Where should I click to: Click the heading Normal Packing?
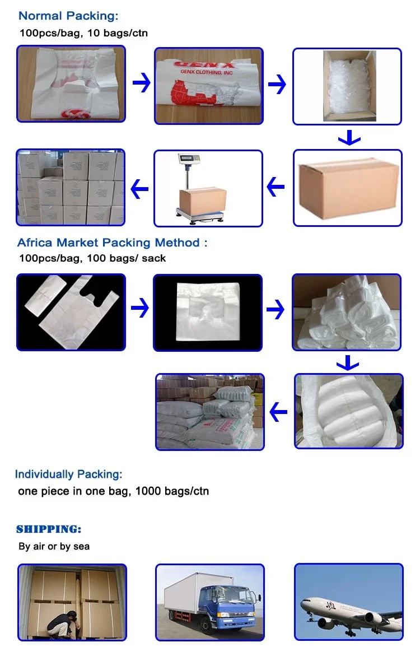coord(68,16)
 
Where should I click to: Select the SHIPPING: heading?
coord(49,529)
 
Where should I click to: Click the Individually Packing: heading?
coord(68,474)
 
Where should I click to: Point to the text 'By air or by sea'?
coord(54,546)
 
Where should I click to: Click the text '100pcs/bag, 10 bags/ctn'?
coord(83,32)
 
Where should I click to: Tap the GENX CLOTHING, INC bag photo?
coord(209,86)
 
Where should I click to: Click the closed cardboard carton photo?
coord(347,188)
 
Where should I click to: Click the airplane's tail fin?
coord(393,582)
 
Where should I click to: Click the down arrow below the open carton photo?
coord(349,137)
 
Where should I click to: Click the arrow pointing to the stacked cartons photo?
coord(139,189)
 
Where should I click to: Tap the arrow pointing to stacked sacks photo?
coord(278,413)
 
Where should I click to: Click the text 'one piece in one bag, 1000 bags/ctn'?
coord(113,491)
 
